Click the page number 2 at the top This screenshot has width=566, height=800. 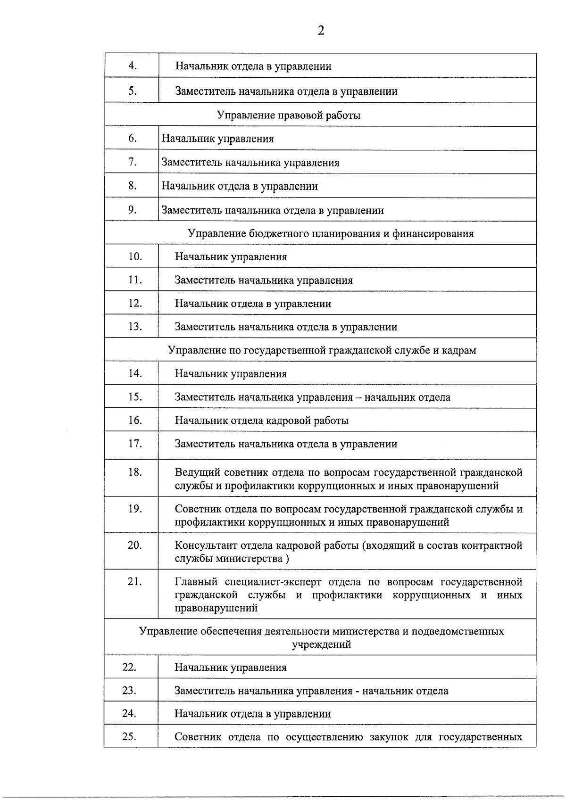coord(321,31)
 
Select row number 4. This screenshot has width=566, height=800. coord(133,66)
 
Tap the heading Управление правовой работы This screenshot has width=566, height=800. coord(289,115)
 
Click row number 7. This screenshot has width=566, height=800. coord(133,162)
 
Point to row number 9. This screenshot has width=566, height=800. coord(133,210)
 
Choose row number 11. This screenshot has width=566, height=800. coord(135,280)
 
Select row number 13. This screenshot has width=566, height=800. coord(135,327)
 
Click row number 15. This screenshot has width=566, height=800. coord(135,397)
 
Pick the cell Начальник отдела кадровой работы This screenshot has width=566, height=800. coord(262,421)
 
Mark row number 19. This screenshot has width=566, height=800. coord(135,509)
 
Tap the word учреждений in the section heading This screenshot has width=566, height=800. coord(321,644)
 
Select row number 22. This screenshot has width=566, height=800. coord(129,667)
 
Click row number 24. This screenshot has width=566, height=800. coord(129,714)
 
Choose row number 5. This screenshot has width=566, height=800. coord(133,91)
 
